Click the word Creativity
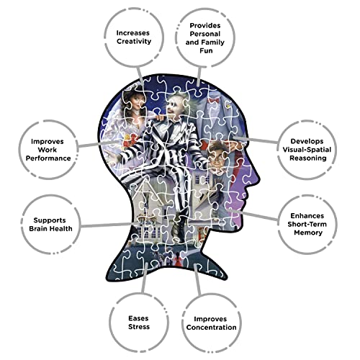(x=134, y=41)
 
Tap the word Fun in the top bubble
(x=206, y=50)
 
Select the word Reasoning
(x=308, y=158)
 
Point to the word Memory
(x=308, y=233)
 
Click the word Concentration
(x=211, y=328)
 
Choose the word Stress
(x=139, y=327)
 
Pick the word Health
(x=60, y=228)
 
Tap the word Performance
(x=48, y=158)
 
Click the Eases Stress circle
(x=139, y=294)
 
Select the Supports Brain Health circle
(x=50, y=196)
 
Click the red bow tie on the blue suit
(x=214, y=100)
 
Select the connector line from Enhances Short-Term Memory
(x=253, y=215)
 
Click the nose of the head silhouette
(x=257, y=178)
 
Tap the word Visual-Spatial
(x=307, y=150)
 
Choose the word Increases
(x=133, y=33)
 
